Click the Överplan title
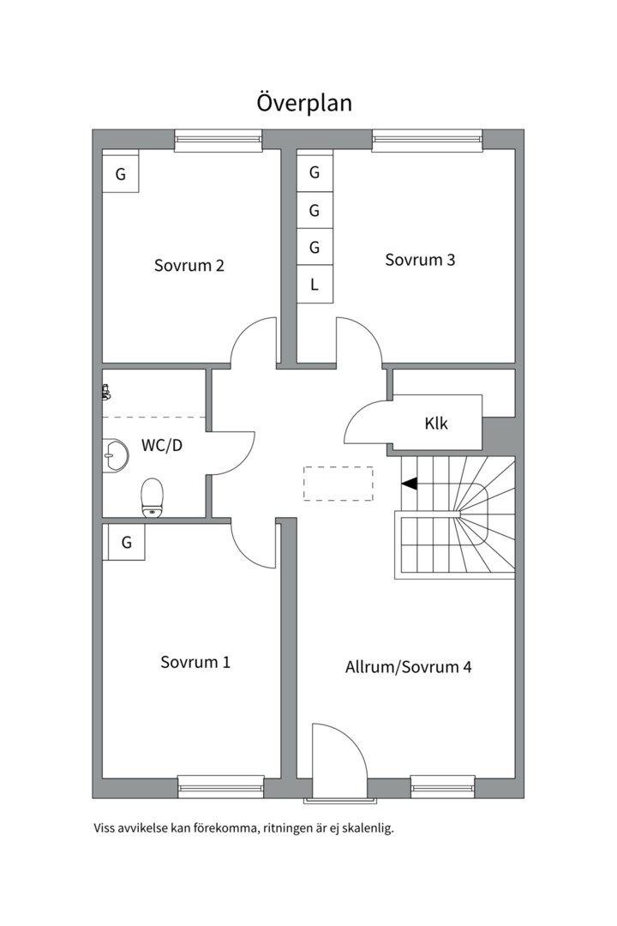pos(304,103)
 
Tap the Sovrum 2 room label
pos(189,265)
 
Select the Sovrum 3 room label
pos(420,260)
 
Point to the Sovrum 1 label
pos(195,662)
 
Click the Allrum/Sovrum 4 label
pos(409,666)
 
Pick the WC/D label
pos(162,446)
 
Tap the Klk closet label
pos(436,424)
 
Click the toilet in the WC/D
pos(153,498)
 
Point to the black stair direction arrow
pos(410,484)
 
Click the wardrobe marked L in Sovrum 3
pos(314,285)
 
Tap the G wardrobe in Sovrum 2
pos(121,174)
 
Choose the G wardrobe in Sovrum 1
pos(125,542)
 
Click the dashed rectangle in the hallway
pos(338,484)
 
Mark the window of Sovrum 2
pos(219,140)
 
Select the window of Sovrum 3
pos(427,140)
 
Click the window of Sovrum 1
pos(221,785)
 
